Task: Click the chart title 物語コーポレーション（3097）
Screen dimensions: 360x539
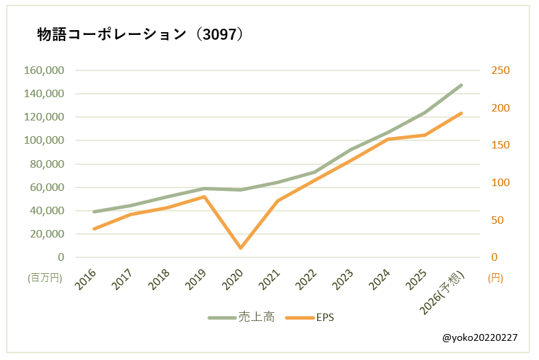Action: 140,36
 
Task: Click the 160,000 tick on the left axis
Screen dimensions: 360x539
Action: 44,70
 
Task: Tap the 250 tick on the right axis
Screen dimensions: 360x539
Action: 501,70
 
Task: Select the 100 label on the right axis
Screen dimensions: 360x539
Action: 501,183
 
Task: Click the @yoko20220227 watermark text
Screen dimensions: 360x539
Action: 479,337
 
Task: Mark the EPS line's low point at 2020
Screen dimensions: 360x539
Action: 241,248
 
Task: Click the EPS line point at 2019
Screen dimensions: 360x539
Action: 204,196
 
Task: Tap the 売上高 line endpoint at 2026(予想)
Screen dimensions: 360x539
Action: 462,86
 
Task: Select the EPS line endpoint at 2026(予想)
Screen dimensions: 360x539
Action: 462,114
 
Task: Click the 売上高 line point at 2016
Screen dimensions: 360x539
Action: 94,212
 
